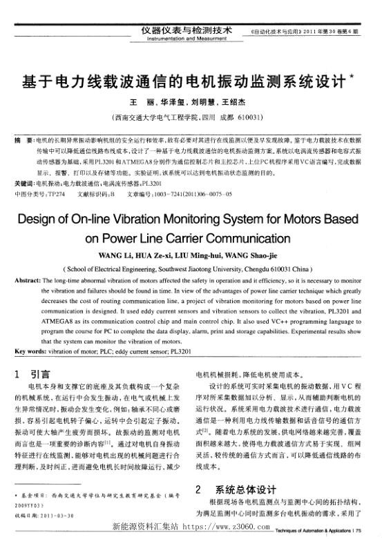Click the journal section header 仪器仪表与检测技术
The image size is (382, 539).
pos(184,30)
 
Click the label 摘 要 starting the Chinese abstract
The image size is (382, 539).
pos(22,139)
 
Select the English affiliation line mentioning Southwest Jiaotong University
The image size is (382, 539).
pos(191,269)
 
